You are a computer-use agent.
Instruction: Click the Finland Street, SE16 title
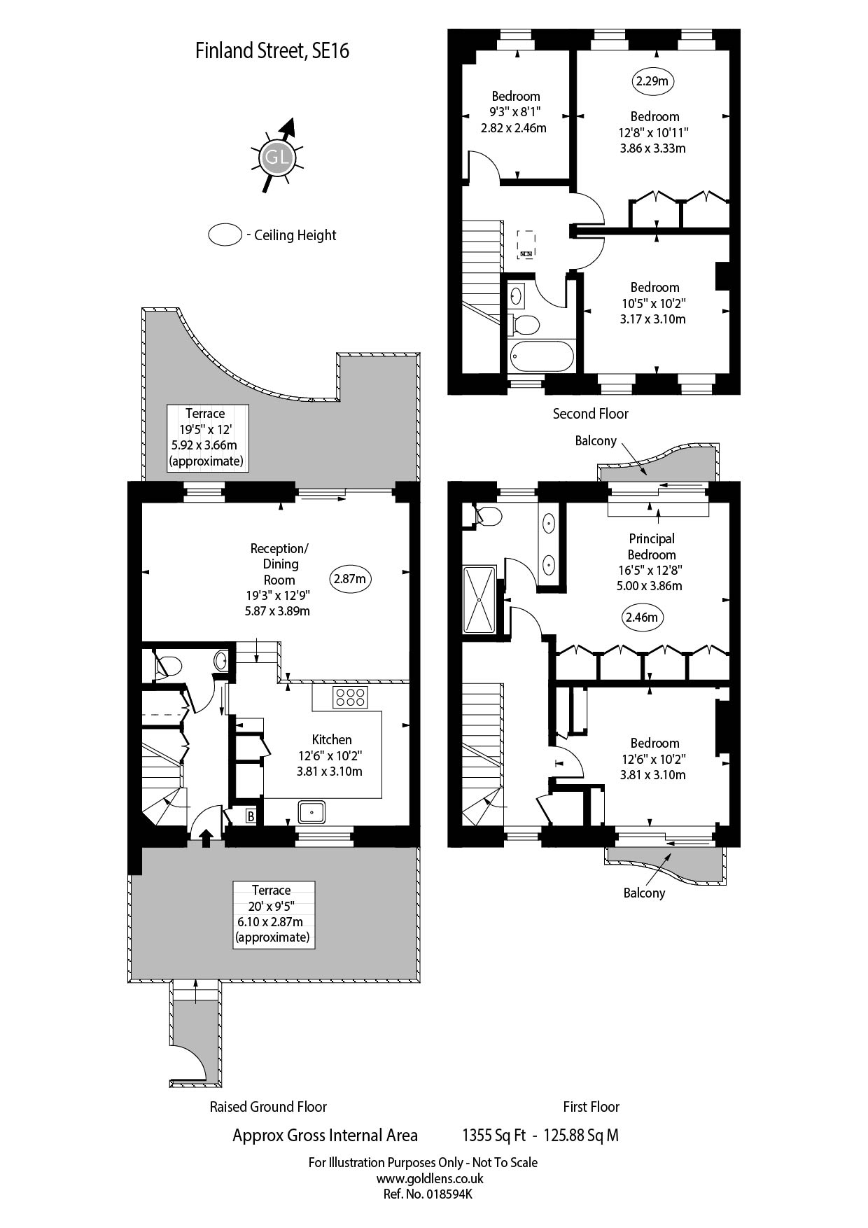pyautogui.click(x=272, y=51)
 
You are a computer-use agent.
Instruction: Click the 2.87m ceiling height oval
pyautogui.click(x=350, y=579)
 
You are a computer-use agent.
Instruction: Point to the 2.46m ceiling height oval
pyautogui.click(x=643, y=618)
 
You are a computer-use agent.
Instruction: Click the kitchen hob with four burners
pyautogui.click(x=351, y=697)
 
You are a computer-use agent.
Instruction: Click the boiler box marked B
pyautogui.click(x=250, y=816)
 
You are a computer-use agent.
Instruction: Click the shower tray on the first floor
pyautogui.click(x=479, y=600)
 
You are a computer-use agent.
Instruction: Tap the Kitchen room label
pyautogui.click(x=331, y=740)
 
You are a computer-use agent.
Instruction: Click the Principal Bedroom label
pyautogui.click(x=651, y=547)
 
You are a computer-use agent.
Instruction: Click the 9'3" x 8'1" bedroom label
pyautogui.click(x=515, y=112)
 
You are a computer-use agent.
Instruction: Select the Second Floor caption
pyautogui.click(x=590, y=414)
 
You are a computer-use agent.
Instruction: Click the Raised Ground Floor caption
pyautogui.click(x=268, y=1107)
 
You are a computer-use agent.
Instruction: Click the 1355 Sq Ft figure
pyautogui.click(x=493, y=1136)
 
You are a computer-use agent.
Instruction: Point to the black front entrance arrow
pyautogui.click(x=206, y=837)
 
